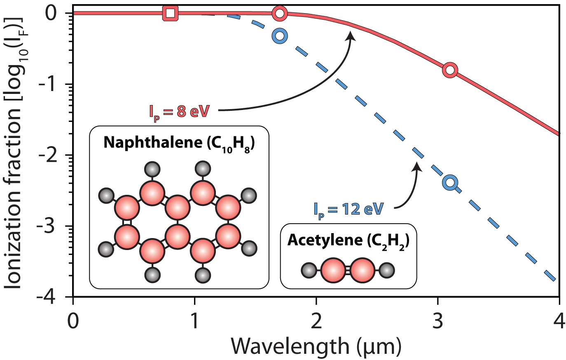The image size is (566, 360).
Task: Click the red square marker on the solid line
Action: [170, 13]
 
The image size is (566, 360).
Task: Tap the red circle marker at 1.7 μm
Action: [280, 13]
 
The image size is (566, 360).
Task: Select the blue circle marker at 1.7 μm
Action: [280, 36]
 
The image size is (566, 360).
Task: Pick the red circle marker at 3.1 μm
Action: [450, 70]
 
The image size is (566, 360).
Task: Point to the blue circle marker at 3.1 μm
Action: [450, 182]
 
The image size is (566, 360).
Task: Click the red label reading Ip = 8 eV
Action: [179, 111]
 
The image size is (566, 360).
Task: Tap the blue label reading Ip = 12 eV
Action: [348, 209]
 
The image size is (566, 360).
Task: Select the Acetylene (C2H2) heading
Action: [348, 240]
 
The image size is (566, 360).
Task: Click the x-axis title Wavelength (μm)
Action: [316, 346]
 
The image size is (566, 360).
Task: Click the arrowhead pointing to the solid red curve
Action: [351, 36]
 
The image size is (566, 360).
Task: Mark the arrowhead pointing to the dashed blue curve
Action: [417, 166]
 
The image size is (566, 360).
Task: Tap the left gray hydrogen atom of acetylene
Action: [309, 271]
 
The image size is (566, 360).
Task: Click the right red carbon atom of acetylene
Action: [363, 271]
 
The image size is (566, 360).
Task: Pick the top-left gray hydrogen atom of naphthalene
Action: [153, 168]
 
